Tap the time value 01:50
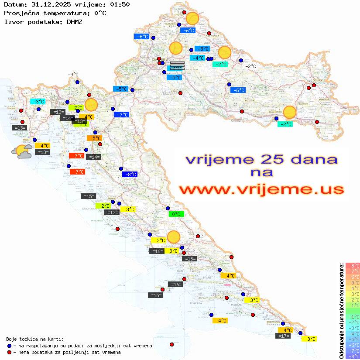(x=119, y=4)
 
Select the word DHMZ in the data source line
(x=77, y=21)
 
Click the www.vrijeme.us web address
(x=261, y=189)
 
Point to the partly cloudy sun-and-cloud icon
(x=22, y=151)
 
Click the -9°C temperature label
(x=73, y=75)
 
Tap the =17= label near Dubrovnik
(x=284, y=336)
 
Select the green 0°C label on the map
(x=176, y=214)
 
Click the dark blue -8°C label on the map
(x=130, y=174)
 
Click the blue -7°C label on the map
(x=121, y=114)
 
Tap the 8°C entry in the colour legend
(x=353, y=265)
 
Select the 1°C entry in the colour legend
(x=353, y=305)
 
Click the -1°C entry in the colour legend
(x=353, y=316)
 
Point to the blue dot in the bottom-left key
(x=9, y=346)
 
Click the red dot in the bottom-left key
(x=9, y=352)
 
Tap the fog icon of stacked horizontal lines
(x=177, y=65)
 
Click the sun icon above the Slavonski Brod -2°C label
(x=289, y=112)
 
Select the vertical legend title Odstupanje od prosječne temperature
(x=341, y=311)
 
